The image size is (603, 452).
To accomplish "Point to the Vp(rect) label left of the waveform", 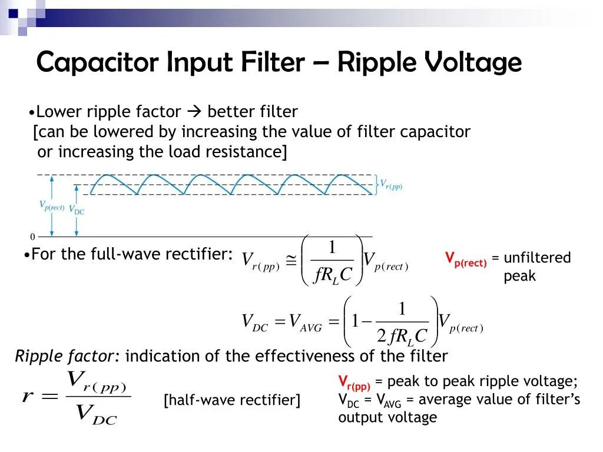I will pos(52,206).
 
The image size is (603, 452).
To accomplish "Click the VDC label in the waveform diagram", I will pos(77,209).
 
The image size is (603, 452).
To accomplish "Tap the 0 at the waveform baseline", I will pos(32,237).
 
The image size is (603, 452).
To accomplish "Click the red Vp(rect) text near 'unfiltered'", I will pos(466,258).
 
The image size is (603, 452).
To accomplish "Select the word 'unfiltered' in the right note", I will pos(537,258).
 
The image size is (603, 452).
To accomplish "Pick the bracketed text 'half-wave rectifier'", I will pos(232,400).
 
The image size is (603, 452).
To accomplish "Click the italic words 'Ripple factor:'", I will pos(67,356).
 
